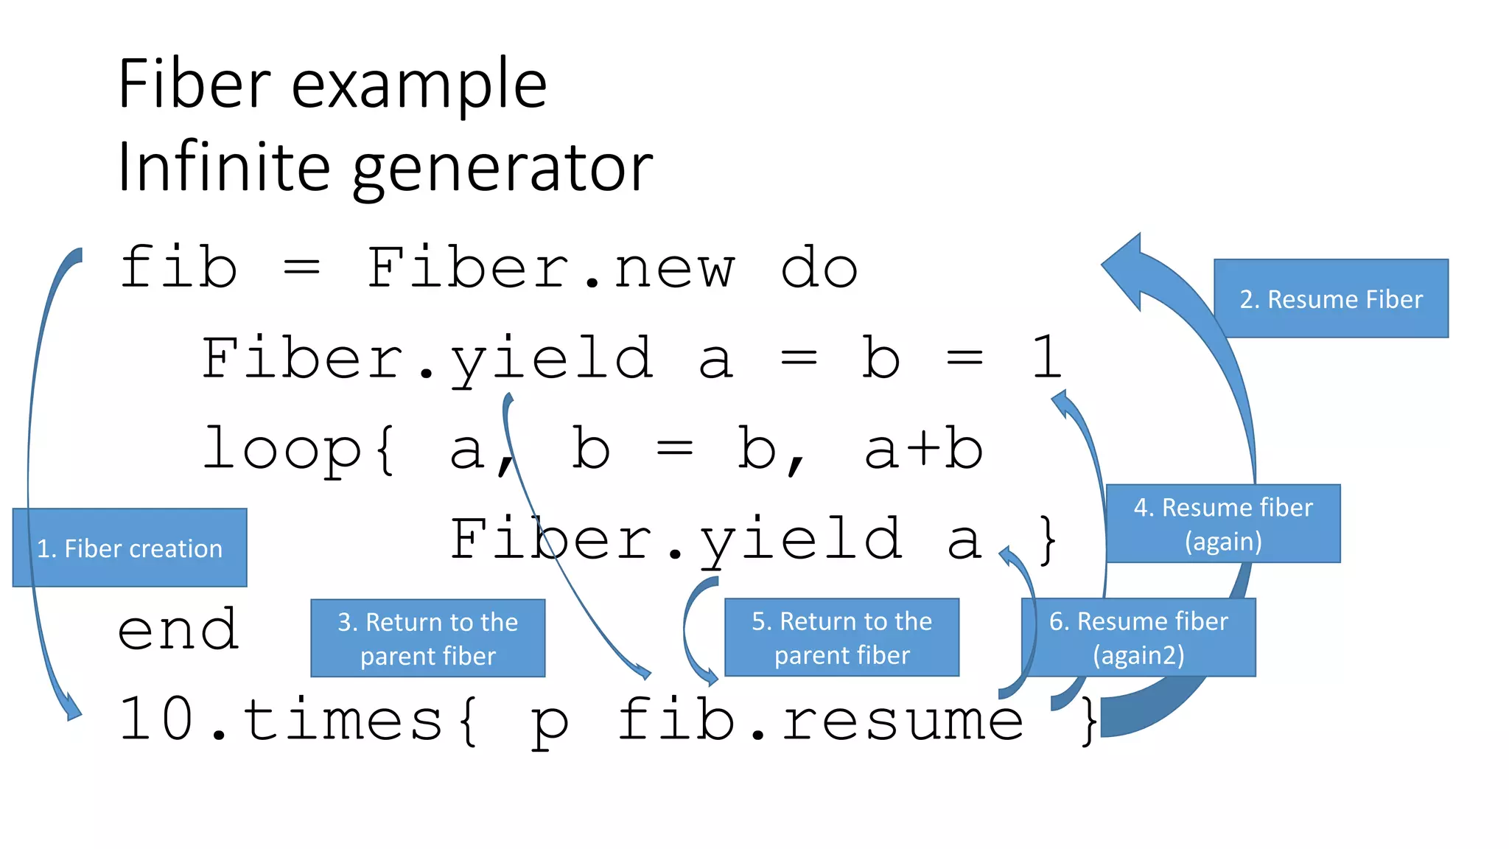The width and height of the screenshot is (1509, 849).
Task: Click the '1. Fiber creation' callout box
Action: pos(130,548)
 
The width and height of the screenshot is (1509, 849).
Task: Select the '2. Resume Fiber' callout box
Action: pos(1331,298)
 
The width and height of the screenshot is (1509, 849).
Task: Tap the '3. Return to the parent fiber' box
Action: pos(427,638)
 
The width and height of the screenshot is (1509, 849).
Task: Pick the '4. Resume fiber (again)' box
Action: pos(1223,524)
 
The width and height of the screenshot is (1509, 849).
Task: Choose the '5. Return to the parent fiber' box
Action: pos(841,637)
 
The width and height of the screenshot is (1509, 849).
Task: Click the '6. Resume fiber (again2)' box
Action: pos(1138,637)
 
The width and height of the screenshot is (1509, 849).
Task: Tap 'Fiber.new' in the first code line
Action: pos(550,268)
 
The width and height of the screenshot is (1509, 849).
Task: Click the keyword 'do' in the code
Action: pos(819,268)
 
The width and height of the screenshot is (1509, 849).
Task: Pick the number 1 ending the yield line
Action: pos(1046,358)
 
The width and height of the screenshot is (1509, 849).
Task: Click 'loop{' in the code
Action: pos(299,449)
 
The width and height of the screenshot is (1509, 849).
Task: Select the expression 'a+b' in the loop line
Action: pos(924,449)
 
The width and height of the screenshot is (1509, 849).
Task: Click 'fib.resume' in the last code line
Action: pos(820,720)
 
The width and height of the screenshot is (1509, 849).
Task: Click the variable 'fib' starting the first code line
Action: pos(178,268)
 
